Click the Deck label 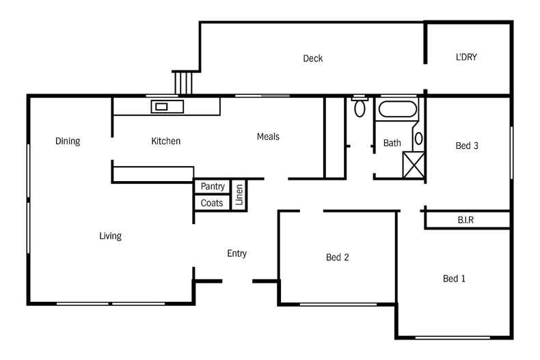click(312, 59)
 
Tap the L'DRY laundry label click(466, 57)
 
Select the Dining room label click(68, 141)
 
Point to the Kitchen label click(165, 141)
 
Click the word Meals click(268, 137)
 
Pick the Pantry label click(213, 186)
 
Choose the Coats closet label click(212, 203)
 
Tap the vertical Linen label click(239, 195)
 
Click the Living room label click(110, 236)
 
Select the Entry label click(237, 253)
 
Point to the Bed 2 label click(338, 258)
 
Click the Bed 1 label click(455, 279)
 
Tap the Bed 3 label click(467, 146)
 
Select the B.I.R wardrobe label click(466, 220)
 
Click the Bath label click(392, 143)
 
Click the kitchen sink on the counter click(167, 106)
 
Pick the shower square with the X click(414, 165)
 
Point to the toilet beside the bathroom click(360, 107)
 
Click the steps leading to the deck click(183, 83)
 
